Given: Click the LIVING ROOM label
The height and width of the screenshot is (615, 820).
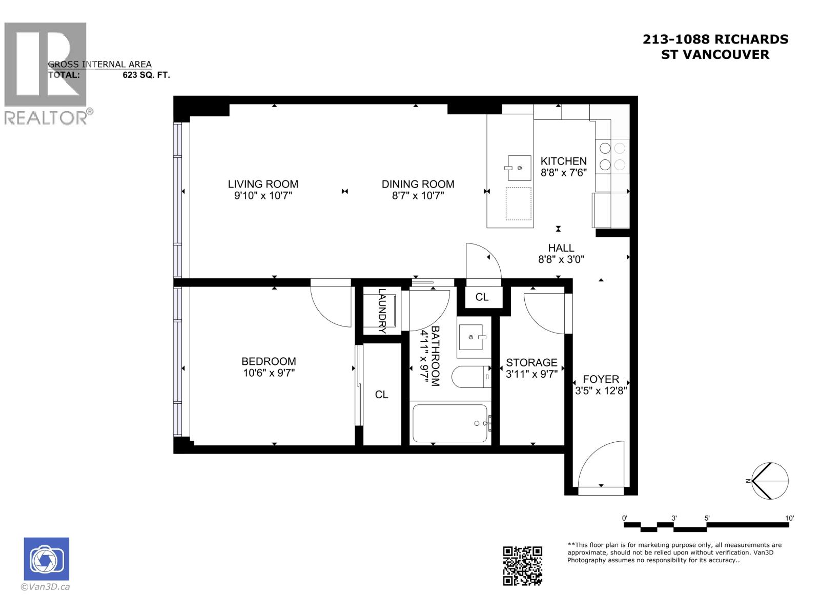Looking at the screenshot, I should click(x=263, y=184).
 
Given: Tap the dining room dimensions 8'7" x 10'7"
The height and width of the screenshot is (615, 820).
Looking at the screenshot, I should click(x=418, y=196).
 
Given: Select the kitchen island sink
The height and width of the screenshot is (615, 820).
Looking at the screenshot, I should click(x=519, y=168).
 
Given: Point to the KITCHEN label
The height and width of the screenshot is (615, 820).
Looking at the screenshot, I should click(x=563, y=161).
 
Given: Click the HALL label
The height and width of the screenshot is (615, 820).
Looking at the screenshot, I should click(x=561, y=248).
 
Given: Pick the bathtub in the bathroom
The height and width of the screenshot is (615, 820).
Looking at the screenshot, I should click(x=449, y=423).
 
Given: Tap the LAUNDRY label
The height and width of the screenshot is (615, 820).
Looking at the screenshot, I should click(x=382, y=311).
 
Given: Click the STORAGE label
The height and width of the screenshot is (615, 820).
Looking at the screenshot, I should click(x=531, y=362).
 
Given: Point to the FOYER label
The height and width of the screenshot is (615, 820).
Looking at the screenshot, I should click(x=601, y=379).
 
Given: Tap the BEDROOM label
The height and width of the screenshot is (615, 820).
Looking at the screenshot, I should click(x=269, y=361).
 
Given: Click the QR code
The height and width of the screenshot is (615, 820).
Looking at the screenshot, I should click(x=522, y=566).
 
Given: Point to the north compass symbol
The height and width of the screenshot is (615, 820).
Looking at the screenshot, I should click(x=769, y=481).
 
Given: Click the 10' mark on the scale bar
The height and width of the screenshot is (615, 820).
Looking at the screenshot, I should click(x=789, y=518).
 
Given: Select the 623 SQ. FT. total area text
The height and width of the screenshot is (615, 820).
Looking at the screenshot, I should click(x=146, y=75).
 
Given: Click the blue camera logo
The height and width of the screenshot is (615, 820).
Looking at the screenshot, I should click(x=47, y=559).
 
